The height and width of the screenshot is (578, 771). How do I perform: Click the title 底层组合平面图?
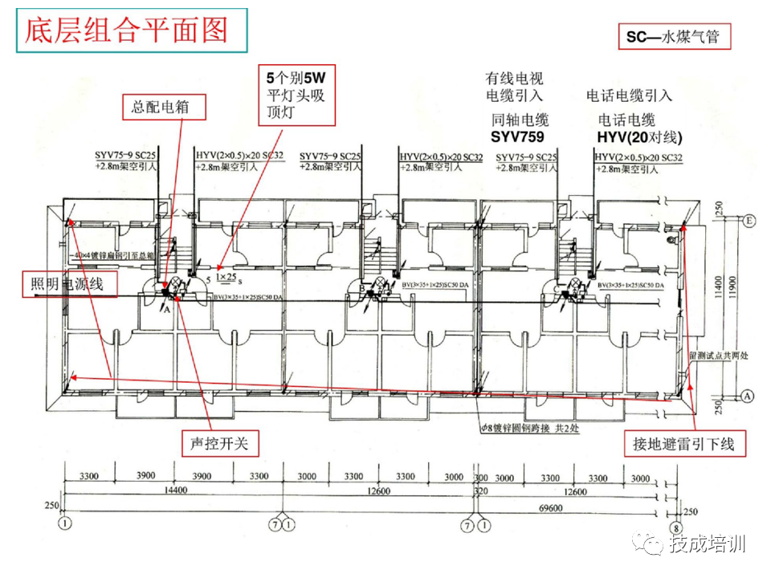(127, 31)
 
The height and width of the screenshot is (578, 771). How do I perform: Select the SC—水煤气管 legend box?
(673, 37)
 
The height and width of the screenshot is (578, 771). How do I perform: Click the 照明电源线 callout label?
(63, 283)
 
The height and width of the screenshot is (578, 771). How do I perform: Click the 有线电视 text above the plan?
(514, 79)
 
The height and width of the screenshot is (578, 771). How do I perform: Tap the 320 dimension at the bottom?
(481, 490)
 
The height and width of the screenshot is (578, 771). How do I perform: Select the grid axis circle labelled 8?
(676, 527)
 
